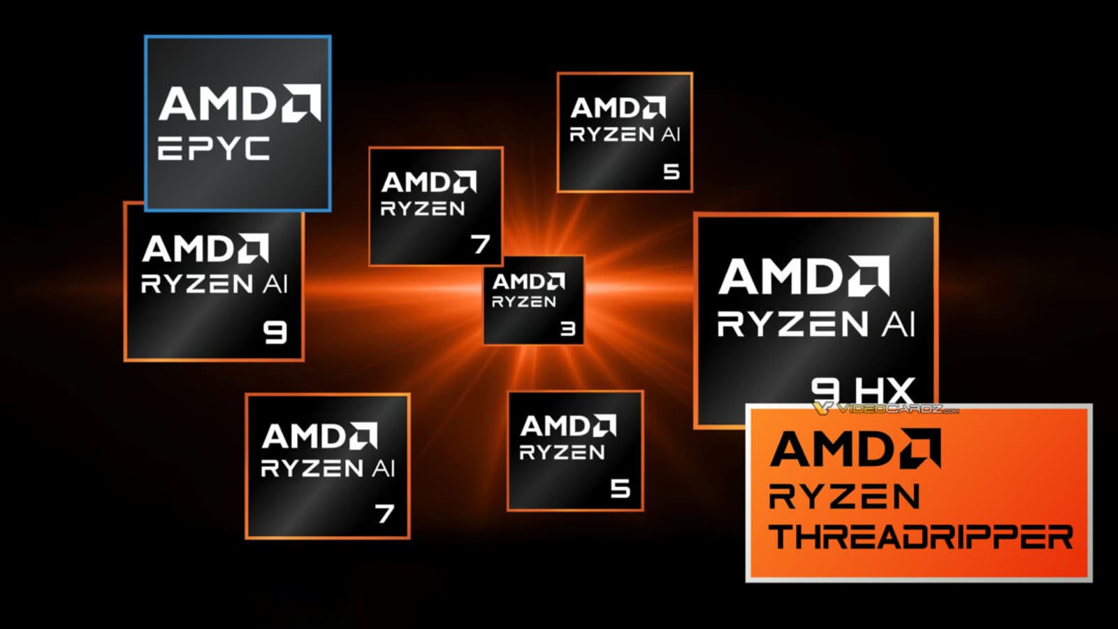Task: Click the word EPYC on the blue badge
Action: pyautogui.click(x=213, y=149)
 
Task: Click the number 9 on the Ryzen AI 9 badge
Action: pyautogui.click(x=275, y=332)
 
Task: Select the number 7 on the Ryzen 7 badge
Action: pyautogui.click(x=481, y=244)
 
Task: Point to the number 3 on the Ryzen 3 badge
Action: pyautogui.click(x=568, y=328)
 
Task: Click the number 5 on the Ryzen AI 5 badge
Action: pyautogui.click(x=671, y=171)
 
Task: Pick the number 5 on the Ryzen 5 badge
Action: pyautogui.click(x=620, y=489)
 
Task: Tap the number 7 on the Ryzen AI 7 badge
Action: pyautogui.click(x=384, y=514)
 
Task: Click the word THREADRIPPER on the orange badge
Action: pyautogui.click(x=921, y=537)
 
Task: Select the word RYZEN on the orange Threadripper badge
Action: pyautogui.click(x=844, y=497)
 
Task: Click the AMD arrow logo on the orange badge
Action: pyautogui.click(x=920, y=448)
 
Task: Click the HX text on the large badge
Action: pyautogui.click(x=883, y=389)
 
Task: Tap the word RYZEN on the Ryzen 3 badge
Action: pyautogui.click(x=524, y=302)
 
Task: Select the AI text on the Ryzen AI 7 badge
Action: pyautogui.click(x=383, y=468)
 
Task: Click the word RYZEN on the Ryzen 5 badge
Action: pyautogui.click(x=562, y=452)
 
